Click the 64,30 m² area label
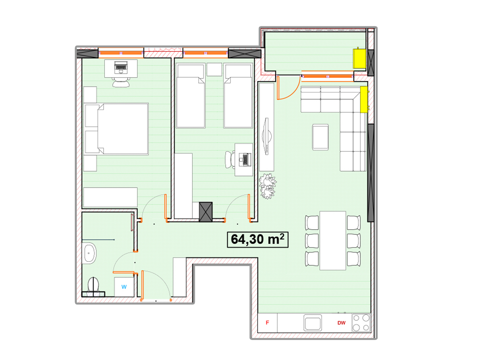coord(257,240)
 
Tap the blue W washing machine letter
coord(124,287)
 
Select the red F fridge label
coord(267,323)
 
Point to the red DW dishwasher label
coord(341,323)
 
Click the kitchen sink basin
coord(313,323)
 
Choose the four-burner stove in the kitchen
coord(361,323)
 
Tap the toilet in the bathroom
coord(93,285)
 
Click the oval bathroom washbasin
coord(89,253)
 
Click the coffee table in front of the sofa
coord(320,137)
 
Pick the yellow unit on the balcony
coord(359,58)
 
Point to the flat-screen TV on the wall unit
coord(267,136)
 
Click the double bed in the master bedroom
coord(116,129)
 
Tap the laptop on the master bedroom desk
coord(121,68)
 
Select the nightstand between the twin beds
coord(214,70)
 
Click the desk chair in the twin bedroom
coord(230,160)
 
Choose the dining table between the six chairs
coord(333,240)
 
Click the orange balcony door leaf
coord(278,88)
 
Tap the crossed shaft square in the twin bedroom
coord(206,212)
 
